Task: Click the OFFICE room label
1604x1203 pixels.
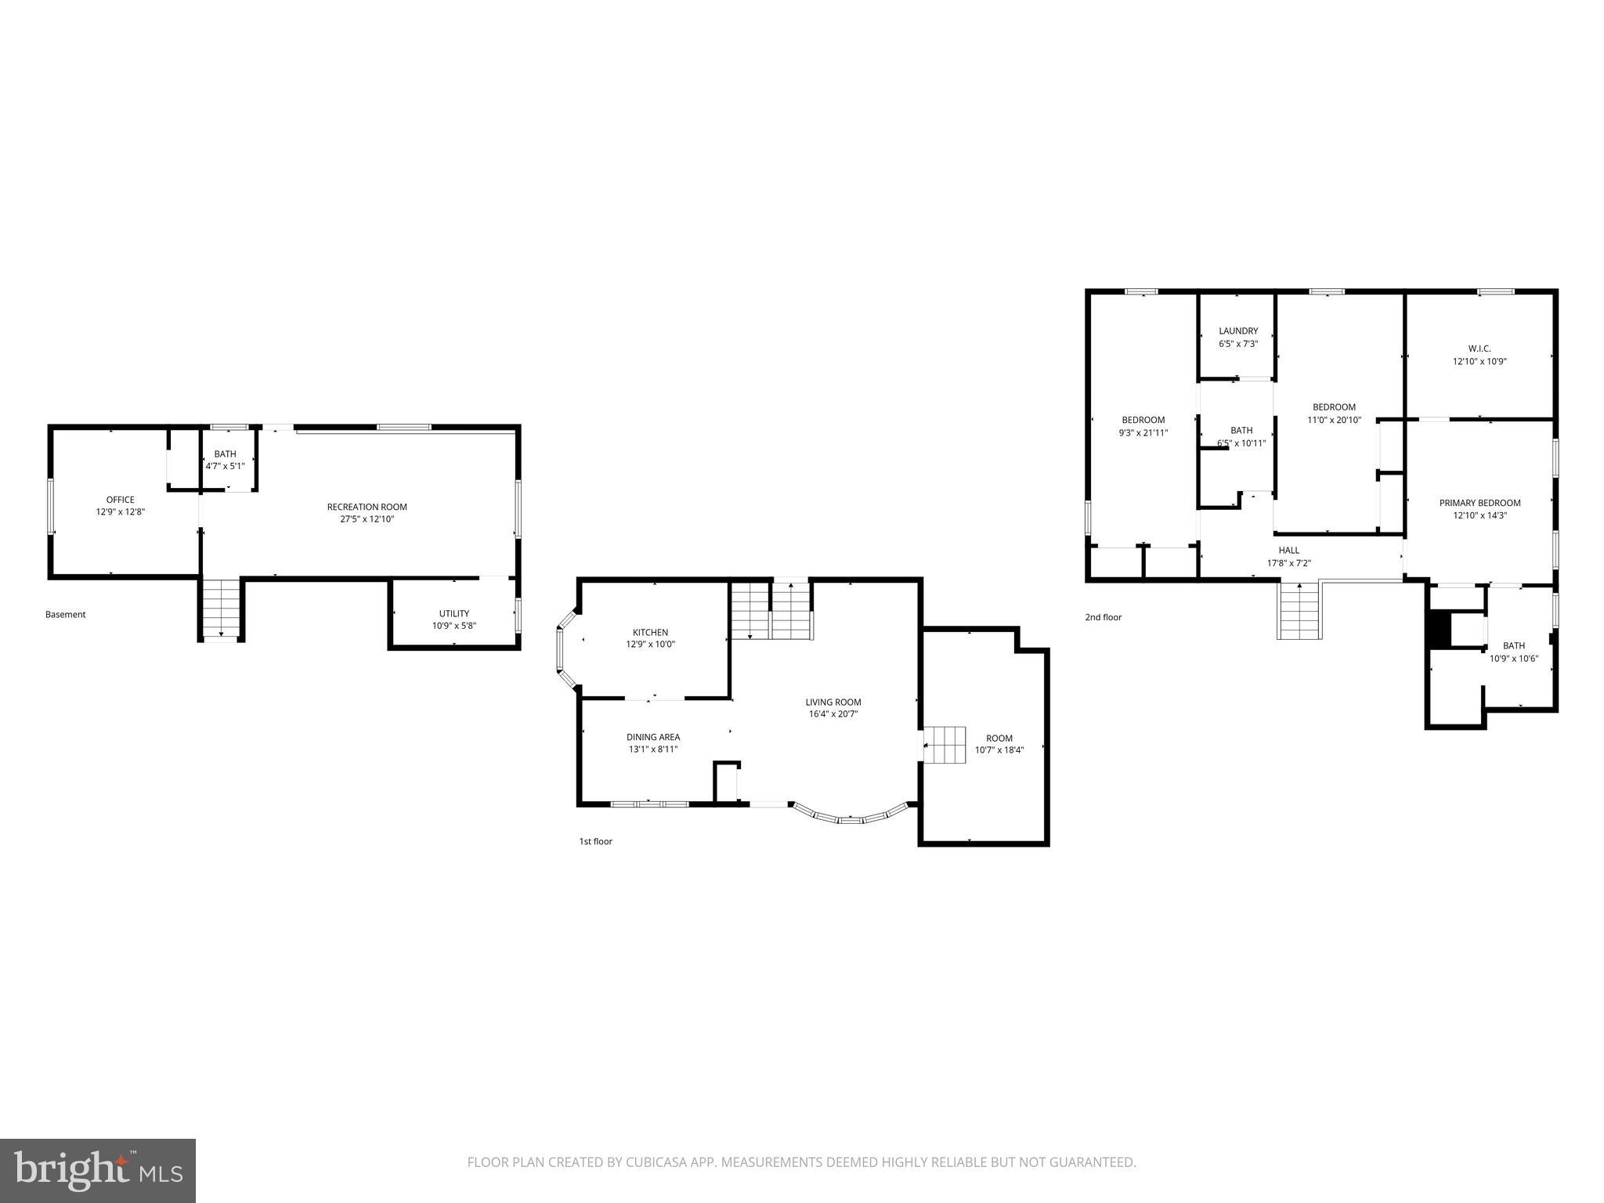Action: pyautogui.click(x=120, y=500)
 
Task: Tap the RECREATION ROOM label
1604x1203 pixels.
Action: pyautogui.click(x=367, y=507)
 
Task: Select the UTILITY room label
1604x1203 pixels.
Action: pyautogui.click(x=453, y=613)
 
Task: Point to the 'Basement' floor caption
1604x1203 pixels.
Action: pyautogui.click(x=65, y=615)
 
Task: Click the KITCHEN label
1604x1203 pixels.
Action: pyautogui.click(x=650, y=632)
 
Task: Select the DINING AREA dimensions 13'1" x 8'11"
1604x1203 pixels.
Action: pyautogui.click(x=652, y=750)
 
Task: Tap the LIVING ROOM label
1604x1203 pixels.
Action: pyautogui.click(x=833, y=702)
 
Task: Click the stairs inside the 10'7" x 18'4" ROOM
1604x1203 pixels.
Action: pyautogui.click(x=945, y=744)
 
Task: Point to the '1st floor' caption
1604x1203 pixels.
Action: pyautogui.click(x=595, y=841)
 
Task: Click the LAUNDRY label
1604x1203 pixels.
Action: pyautogui.click(x=1237, y=331)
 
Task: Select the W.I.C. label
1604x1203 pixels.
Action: pyautogui.click(x=1479, y=349)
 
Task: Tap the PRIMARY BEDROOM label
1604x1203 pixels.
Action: pyautogui.click(x=1479, y=503)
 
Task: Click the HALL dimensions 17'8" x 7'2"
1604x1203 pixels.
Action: pyautogui.click(x=1288, y=563)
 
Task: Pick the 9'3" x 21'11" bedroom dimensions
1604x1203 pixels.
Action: pyautogui.click(x=1143, y=432)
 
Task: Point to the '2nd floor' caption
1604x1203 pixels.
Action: pyautogui.click(x=1103, y=617)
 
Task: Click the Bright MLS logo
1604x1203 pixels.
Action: pyautogui.click(x=98, y=1170)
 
